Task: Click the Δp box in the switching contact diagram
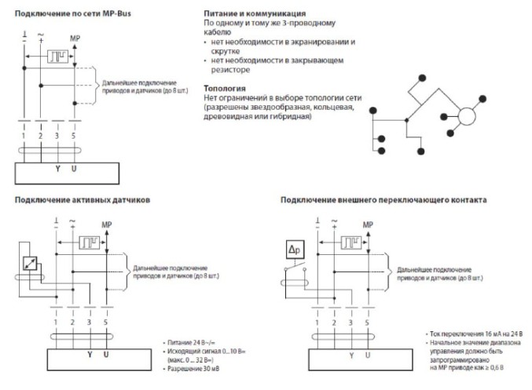tap(293, 252)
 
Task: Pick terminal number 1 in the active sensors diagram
tap(57, 323)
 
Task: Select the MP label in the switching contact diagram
tap(369, 224)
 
